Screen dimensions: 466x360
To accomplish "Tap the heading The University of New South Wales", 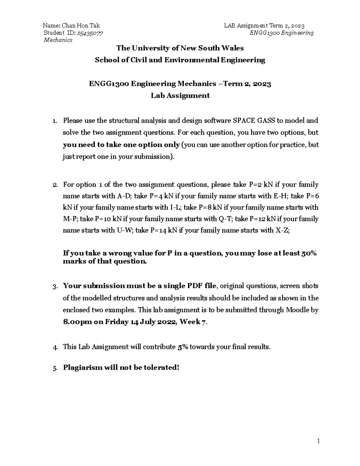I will pos(180,48).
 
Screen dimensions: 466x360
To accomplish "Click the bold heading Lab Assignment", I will pos(180,96).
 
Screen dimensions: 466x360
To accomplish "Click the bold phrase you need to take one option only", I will pos(121,145).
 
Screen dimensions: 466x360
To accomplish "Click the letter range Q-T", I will pos(225,219).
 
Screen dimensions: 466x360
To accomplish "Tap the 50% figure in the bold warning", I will pos(309,253).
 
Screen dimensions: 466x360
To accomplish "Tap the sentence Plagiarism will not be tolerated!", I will pos(121,368).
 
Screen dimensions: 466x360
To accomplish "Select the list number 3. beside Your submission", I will pos(55,287).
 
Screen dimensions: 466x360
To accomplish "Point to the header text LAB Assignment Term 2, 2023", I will pos(264,26).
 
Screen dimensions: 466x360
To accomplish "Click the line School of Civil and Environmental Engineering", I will pos(180,60).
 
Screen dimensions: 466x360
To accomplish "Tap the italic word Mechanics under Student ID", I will pos(58,40).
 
